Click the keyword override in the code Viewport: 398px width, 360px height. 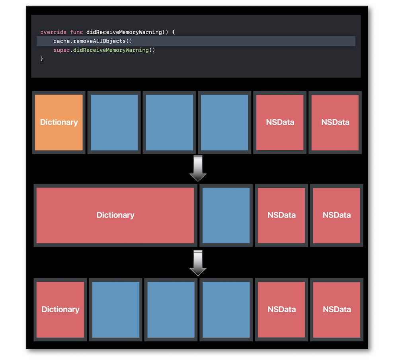click(x=53, y=32)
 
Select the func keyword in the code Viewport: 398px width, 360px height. click(x=76, y=32)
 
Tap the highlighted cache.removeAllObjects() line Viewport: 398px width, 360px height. click(x=196, y=41)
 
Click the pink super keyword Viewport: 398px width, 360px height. click(x=62, y=50)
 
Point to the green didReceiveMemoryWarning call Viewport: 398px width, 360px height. click(x=111, y=50)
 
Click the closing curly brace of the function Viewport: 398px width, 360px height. click(x=42, y=59)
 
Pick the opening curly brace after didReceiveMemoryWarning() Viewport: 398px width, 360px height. click(x=174, y=32)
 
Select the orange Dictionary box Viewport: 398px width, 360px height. click(x=59, y=123)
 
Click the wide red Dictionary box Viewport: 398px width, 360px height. click(x=115, y=215)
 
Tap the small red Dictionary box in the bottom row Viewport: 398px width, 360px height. click(x=60, y=309)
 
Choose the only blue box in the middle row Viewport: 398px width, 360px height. click(x=226, y=215)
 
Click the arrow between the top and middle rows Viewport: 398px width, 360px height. click(x=198, y=168)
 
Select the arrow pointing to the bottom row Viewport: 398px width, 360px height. click(x=198, y=263)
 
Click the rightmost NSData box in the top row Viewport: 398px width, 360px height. click(x=335, y=123)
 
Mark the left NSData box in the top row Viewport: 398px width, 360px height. click(x=280, y=123)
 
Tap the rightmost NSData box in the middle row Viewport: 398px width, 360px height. click(x=337, y=215)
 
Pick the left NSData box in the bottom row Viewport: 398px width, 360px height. click(x=281, y=309)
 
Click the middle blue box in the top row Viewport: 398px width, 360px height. click(x=169, y=123)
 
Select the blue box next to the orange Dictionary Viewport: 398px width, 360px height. click(x=114, y=123)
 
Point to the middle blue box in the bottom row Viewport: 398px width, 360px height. click(x=171, y=309)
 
